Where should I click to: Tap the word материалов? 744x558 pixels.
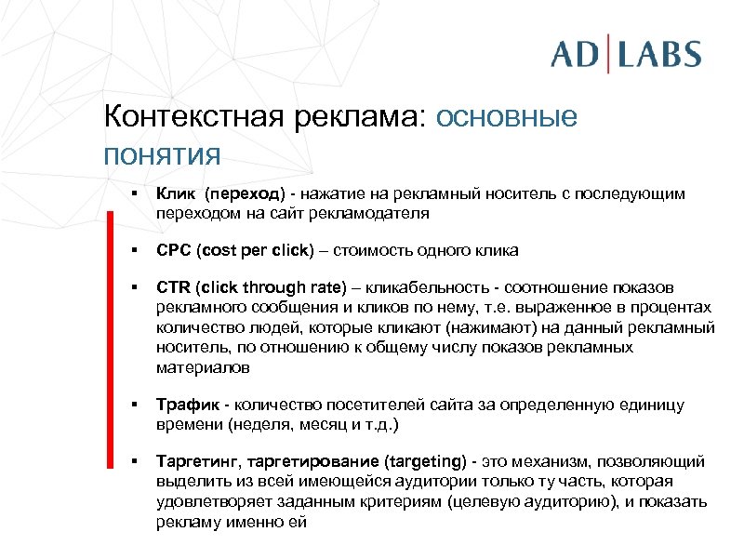tap(203, 367)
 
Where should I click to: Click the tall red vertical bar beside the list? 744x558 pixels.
tap(110, 373)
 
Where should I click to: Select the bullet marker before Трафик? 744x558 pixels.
tap(135, 405)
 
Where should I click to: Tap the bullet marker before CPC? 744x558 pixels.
tap(135, 251)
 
